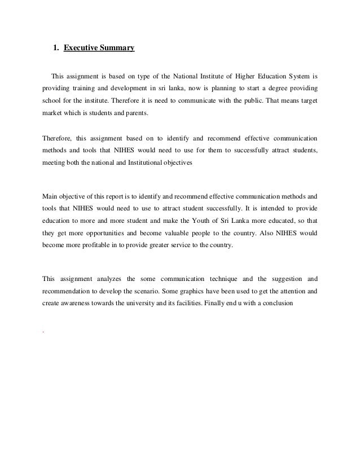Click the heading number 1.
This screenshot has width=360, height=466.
[55, 49]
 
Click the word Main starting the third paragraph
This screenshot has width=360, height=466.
[51, 197]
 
